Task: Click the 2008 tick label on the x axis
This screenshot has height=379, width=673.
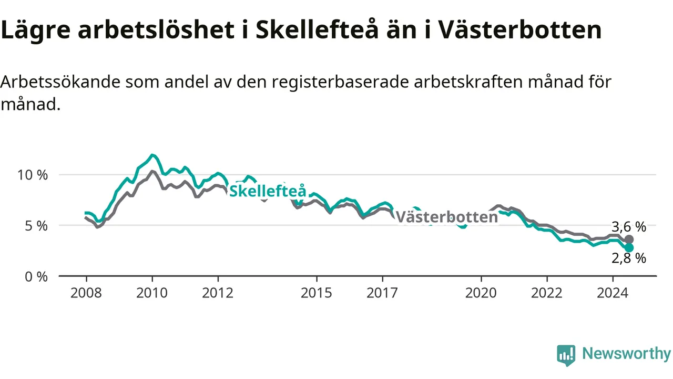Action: pyautogui.click(x=86, y=293)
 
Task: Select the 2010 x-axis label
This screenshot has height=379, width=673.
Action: pyautogui.click(x=152, y=293)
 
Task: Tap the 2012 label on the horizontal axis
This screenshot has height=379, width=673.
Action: pyautogui.click(x=218, y=293)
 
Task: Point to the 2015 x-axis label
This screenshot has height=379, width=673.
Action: pyautogui.click(x=317, y=293)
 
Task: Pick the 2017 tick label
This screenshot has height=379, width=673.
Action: pyautogui.click(x=382, y=293)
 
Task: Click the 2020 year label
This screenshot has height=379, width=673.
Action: pyautogui.click(x=481, y=293)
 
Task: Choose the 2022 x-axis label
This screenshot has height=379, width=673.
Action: pyautogui.click(x=547, y=293)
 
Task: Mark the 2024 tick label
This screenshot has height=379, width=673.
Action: pyautogui.click(x=613, y=293)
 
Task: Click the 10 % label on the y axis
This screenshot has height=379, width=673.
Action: pyautogui.click(x=33, y=175)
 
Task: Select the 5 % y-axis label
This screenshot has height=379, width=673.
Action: pyautogui.click(x=36, y=226)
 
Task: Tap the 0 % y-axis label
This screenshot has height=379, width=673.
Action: pyautogui.click(x=36, y=277)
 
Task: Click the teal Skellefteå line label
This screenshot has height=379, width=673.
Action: pyautogui.click(x=268, y=191)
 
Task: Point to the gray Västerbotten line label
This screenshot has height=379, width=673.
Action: pyautogui.click(x=447, y=217)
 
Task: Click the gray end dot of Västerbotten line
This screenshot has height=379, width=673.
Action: pyautogui.click(x=629, y=240)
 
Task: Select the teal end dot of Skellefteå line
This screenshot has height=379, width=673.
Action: pyautogui.click(x=629, y=247)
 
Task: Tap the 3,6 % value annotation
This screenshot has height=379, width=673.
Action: pyautogui.click(x=629, y=227)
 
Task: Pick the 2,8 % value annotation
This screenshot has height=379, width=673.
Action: pyautogui.click(x=629, y=258)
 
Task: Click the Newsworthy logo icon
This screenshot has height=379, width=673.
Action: pyautogui.click(x=566, y=355)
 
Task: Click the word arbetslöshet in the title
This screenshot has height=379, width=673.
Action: pyautogui.click(x=156, y=29)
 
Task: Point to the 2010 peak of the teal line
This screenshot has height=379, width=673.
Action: pyautogui.click(x=152, y=155)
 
